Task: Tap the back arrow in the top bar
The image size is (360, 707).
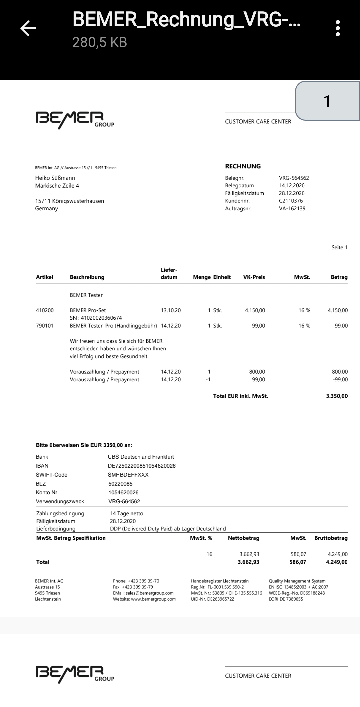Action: (28, 28)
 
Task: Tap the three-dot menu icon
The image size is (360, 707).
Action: (338, 28)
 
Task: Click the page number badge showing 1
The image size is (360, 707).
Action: (327, 101)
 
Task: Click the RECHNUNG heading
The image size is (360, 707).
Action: (243, 166)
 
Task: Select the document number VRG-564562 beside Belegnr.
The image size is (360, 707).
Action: (294, 178)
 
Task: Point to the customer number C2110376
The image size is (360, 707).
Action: (291, 201)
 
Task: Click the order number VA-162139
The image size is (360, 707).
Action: (292, 208)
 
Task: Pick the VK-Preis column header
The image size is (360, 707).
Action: (254, 277)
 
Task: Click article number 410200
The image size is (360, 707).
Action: (45, 310)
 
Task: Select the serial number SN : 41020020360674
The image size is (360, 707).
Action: (96, 318)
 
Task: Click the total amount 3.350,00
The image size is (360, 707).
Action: (337, 396)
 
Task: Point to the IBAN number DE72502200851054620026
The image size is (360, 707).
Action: (142, 466)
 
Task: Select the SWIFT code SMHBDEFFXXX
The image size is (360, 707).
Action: (128, 475)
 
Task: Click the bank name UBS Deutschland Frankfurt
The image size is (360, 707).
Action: (141, 457)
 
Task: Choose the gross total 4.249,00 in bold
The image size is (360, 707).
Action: (337, 562)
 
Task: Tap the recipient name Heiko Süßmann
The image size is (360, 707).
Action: (55, 178)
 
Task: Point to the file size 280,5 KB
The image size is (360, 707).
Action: (100, 42)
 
